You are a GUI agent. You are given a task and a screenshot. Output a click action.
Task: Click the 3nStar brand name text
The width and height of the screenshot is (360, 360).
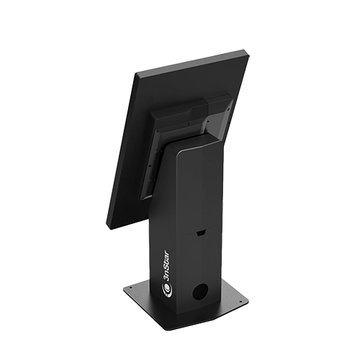point(166,267)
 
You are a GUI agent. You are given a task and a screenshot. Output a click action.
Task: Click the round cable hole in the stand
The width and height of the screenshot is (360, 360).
point(200,292)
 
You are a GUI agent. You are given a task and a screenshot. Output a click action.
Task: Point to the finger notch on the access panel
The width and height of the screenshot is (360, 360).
point(201,233)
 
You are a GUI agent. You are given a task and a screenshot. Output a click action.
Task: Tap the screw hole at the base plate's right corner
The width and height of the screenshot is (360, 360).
point(239,300)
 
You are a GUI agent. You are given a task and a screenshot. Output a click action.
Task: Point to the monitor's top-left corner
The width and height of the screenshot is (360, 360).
point(136,73)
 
